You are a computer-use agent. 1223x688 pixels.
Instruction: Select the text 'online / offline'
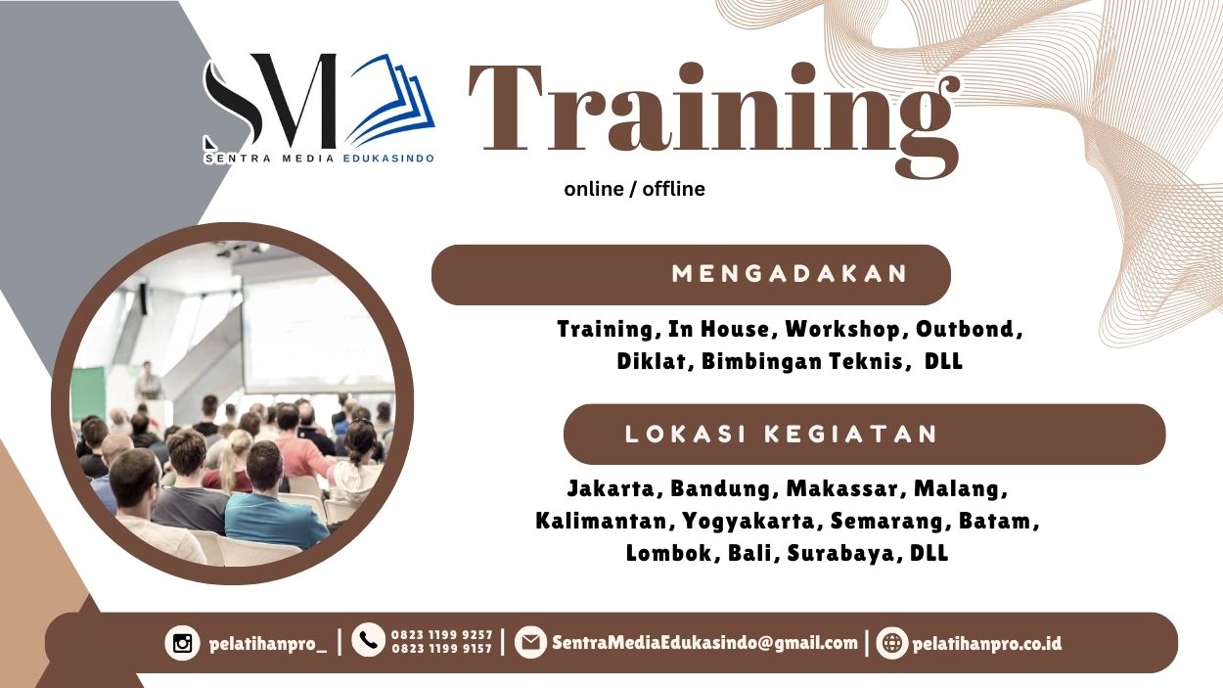634,189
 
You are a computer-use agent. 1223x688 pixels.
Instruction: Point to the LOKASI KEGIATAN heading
781,434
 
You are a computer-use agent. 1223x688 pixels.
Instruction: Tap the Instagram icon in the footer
182,643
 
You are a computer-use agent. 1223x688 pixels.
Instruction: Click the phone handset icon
368,641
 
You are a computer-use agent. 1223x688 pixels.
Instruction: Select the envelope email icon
530,643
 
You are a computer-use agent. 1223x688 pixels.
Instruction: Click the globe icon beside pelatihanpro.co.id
891,643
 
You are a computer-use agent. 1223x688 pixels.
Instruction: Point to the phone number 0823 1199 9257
441,635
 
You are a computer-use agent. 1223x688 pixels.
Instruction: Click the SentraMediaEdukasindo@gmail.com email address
704,643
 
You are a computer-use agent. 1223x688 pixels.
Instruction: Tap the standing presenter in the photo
148,380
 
